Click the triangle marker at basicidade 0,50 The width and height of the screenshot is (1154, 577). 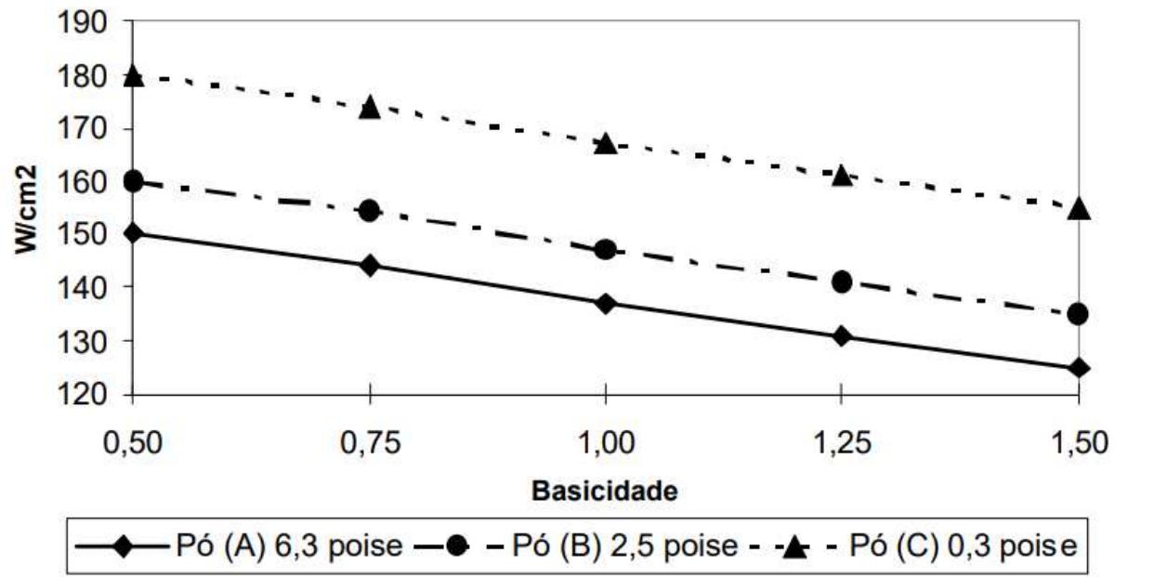pyautogui.click(x=133, y=76)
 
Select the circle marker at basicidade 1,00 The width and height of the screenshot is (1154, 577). pyautogui.click(x=605, y=249)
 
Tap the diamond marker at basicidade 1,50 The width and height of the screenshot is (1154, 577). pyautogui.click(x=1078, y=368)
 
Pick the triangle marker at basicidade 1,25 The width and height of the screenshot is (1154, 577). pyautogui.click(x=842, y=175)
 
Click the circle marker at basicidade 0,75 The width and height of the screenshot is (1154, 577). pyautogui.click(x=370, y=211)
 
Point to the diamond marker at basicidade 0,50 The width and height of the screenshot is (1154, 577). pyautogui.click(x=133, y=232)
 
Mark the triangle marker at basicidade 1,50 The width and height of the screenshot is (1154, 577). pyautogui.click(x=1078, y=209)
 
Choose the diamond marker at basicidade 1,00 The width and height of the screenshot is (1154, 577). pyautogui.click(x=605, y=304)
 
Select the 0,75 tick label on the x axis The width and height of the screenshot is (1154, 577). pyautogui.click(x=370, y=442)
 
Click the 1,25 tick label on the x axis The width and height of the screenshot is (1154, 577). pyautogui.click(x=842, y=442)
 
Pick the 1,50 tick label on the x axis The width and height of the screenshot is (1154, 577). pyautogui.click(x=1078, y=442)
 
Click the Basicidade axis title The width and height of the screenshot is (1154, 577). pyautogui.click(x=605, y=492)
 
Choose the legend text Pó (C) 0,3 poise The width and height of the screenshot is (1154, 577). pyautogui.click(x=964, y=544)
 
